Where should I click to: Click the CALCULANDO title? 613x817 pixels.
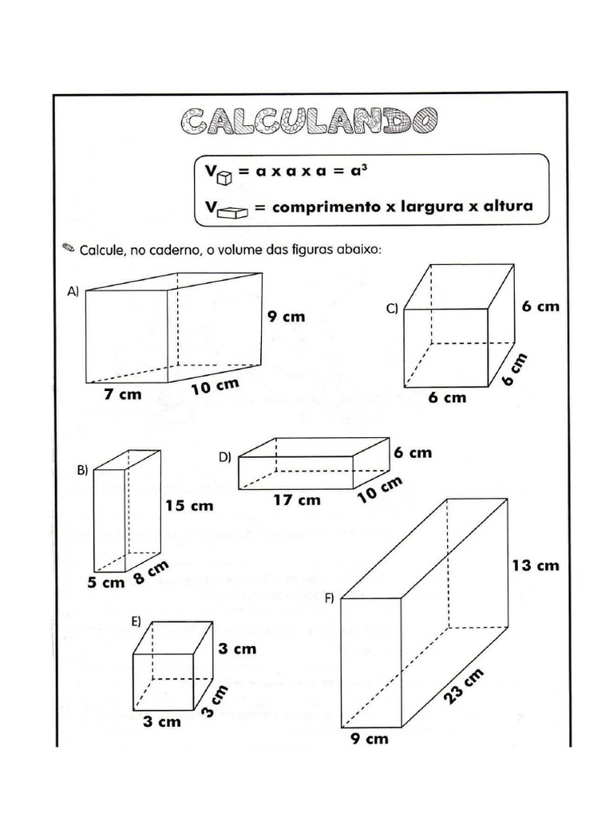coord(309,122)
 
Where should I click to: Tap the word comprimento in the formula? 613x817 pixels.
coord(326,207)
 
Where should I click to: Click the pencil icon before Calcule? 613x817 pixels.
coord(69,247)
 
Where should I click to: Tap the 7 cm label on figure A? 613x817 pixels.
coord(124,395)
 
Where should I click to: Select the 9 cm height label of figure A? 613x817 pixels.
coord(287,316)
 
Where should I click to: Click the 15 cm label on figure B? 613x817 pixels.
coord(189,505)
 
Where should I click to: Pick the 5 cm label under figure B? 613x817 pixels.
coord(106,582)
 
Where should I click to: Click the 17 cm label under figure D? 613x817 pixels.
coord(297,500)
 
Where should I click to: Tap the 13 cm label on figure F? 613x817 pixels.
coord(536,566)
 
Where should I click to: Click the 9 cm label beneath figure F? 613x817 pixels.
coord(370,739)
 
